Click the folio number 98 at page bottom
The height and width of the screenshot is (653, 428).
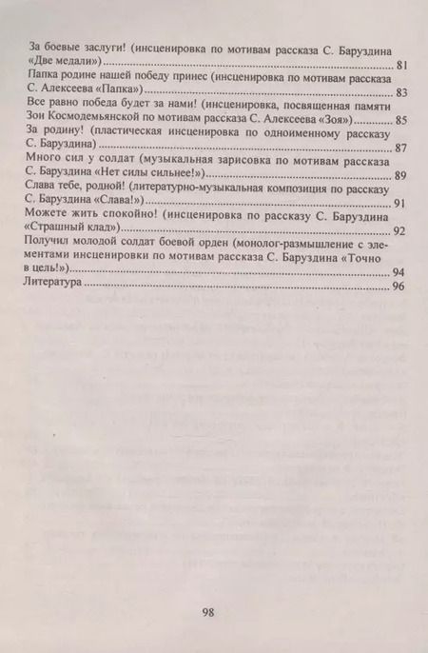(210, 611)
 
